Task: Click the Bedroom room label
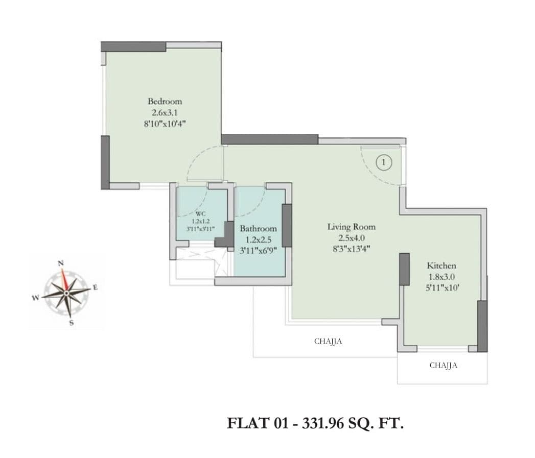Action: point(165,101)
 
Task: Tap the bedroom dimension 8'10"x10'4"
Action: point(165,124)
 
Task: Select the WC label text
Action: point(200,214)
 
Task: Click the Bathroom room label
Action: point(258,228)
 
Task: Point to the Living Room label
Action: point(351,227)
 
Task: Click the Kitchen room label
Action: point(441,266)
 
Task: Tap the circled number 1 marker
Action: point(384,162)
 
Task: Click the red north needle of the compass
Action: point(64,280)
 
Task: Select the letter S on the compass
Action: point(71,322)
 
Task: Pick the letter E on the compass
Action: point(95,288)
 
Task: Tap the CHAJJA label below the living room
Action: point(328,342)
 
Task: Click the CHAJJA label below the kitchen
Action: point(443,365)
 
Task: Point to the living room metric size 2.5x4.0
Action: point(351,238)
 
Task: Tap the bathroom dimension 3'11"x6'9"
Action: point(258,251)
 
